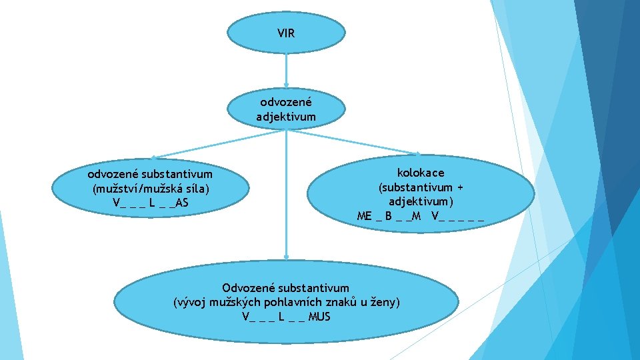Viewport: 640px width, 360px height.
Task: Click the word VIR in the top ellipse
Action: [286, 32]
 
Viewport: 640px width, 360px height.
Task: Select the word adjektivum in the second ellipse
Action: [286, 117]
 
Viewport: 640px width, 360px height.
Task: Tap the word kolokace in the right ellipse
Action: [421, 173]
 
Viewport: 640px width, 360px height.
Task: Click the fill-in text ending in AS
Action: [151, 202]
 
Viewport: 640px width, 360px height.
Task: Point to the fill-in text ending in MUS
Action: [286, 316]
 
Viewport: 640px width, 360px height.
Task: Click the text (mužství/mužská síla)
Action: [151, 188]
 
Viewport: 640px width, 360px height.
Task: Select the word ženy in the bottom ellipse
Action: [384, 302]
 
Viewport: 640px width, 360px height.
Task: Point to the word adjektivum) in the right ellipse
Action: [421, 201]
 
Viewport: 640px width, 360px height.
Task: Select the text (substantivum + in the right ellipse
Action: [421, 187]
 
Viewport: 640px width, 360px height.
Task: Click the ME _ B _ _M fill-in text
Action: [389, 215]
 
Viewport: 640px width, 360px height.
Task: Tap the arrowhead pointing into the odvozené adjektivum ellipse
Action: [286, 87]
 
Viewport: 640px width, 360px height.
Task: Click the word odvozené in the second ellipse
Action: [286, 103]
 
